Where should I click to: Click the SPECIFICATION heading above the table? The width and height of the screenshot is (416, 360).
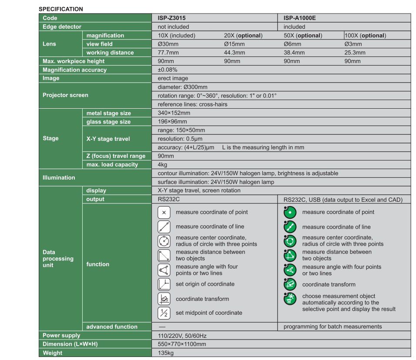coord(61,9)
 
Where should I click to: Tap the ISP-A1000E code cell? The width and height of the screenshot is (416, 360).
coord(300,18)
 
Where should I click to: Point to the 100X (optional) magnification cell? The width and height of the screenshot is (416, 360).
coord(365,36)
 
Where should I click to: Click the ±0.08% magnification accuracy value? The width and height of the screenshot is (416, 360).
coord(168,70)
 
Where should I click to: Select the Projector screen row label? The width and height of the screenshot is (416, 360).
coord(65,95)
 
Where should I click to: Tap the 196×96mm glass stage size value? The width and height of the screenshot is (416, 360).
coord(172,122)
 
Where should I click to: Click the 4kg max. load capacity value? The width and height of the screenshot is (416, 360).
coord(162,165)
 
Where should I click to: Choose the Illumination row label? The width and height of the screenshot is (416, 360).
coord(59,177)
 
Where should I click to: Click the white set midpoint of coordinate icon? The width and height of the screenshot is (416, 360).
coord(164,313)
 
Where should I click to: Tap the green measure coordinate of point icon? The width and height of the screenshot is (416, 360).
coord(290,213)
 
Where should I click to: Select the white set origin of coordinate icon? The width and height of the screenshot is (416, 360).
coord(164,284)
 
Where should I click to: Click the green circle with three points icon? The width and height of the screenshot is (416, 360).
coord(290,241)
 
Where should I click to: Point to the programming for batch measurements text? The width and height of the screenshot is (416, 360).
coord(332,327)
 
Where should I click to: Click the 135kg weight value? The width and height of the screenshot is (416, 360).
coord(165,353)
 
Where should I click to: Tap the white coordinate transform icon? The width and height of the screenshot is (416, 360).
coord(164,299)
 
